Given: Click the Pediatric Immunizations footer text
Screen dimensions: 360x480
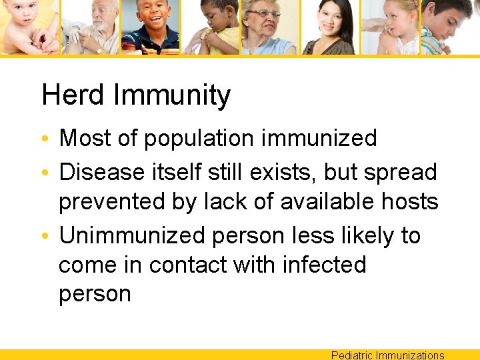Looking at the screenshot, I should (x=387, y=355).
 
